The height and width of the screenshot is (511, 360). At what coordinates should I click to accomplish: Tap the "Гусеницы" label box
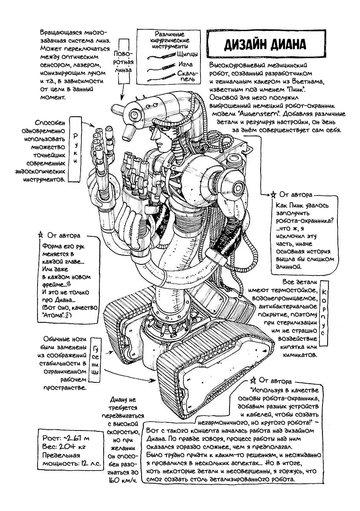[x=95, y=359]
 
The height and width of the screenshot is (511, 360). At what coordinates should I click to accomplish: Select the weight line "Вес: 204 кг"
[x=62, y=446]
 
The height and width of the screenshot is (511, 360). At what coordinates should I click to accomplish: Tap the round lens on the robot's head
[x=136, y=114]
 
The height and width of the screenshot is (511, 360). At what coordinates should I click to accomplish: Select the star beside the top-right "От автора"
[x=273, y=195]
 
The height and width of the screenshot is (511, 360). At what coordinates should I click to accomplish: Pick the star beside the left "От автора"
[x=41, y=235]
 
